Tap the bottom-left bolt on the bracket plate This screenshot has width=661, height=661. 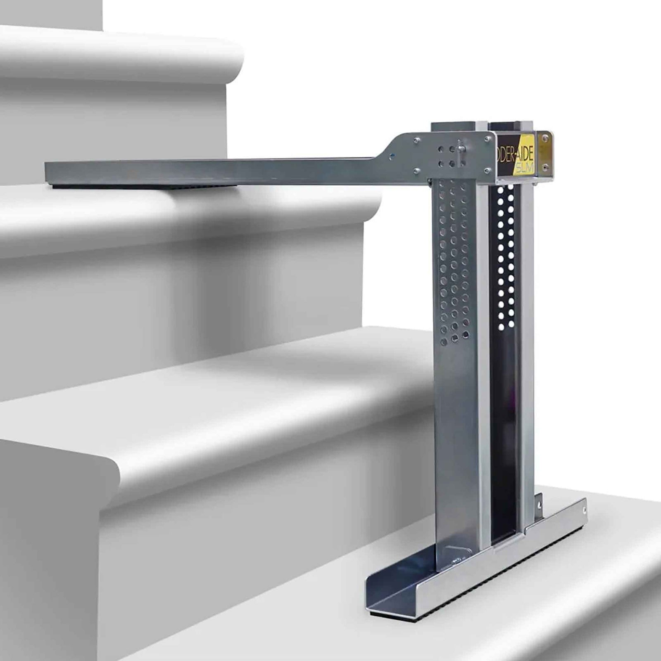click(x=417, y=170)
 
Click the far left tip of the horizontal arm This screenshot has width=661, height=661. click(x=47, y=173)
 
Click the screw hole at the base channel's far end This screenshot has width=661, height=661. click(x=584, y=511)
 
